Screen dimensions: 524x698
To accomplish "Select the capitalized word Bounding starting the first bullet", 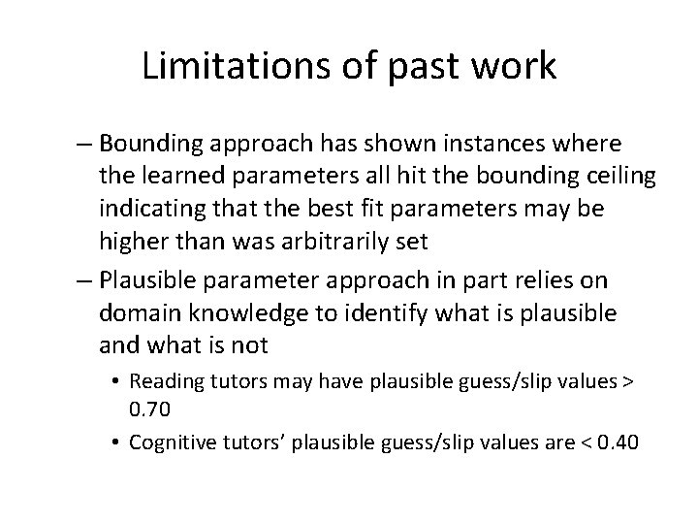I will click(145, 144).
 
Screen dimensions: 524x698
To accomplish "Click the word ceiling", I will click(587, 176).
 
